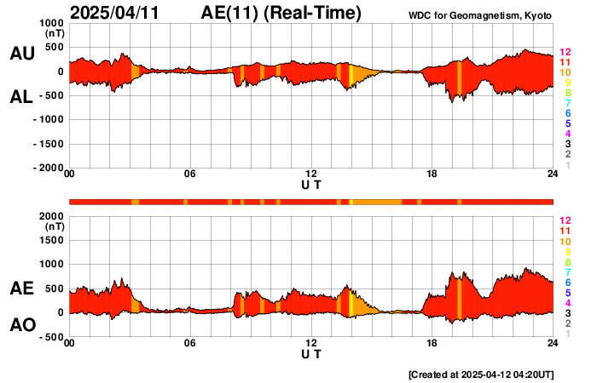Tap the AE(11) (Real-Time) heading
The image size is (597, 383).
pyautogui.click(x=281, y=13)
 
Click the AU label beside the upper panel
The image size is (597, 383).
pyautogui.click(x=21, y=54)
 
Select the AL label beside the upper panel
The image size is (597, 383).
pyautogui.click(x=21, y=97)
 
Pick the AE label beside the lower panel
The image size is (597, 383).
pyautogui.click(x=21, y=289)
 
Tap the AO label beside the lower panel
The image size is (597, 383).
pyautogui.click(x=21, y=325)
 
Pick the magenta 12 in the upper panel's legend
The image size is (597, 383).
pyautogui.click(x=565, y=53)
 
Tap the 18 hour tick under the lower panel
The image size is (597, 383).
pyautogui.click(x=432, y=343)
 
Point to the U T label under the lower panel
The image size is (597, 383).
pyautogui.click(x=311, y=353)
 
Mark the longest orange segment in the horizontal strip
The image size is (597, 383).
pyautogui.click(x=377, y=202)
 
